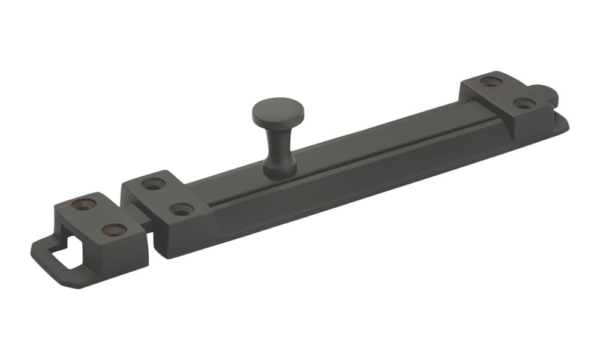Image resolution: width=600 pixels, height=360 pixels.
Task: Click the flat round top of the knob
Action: [278, 110]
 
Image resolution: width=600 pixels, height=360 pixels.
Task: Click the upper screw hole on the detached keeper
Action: [82, 204]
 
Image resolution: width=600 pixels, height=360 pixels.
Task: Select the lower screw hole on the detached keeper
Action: [113, 230]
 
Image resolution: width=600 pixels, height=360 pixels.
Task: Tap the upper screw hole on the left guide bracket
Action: [155, 184]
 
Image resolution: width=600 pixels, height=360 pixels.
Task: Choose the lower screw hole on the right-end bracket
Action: [524, 104]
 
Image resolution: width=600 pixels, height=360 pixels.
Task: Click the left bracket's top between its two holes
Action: [169, 197]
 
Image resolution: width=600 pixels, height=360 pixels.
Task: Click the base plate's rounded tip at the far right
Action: [564, 123]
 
